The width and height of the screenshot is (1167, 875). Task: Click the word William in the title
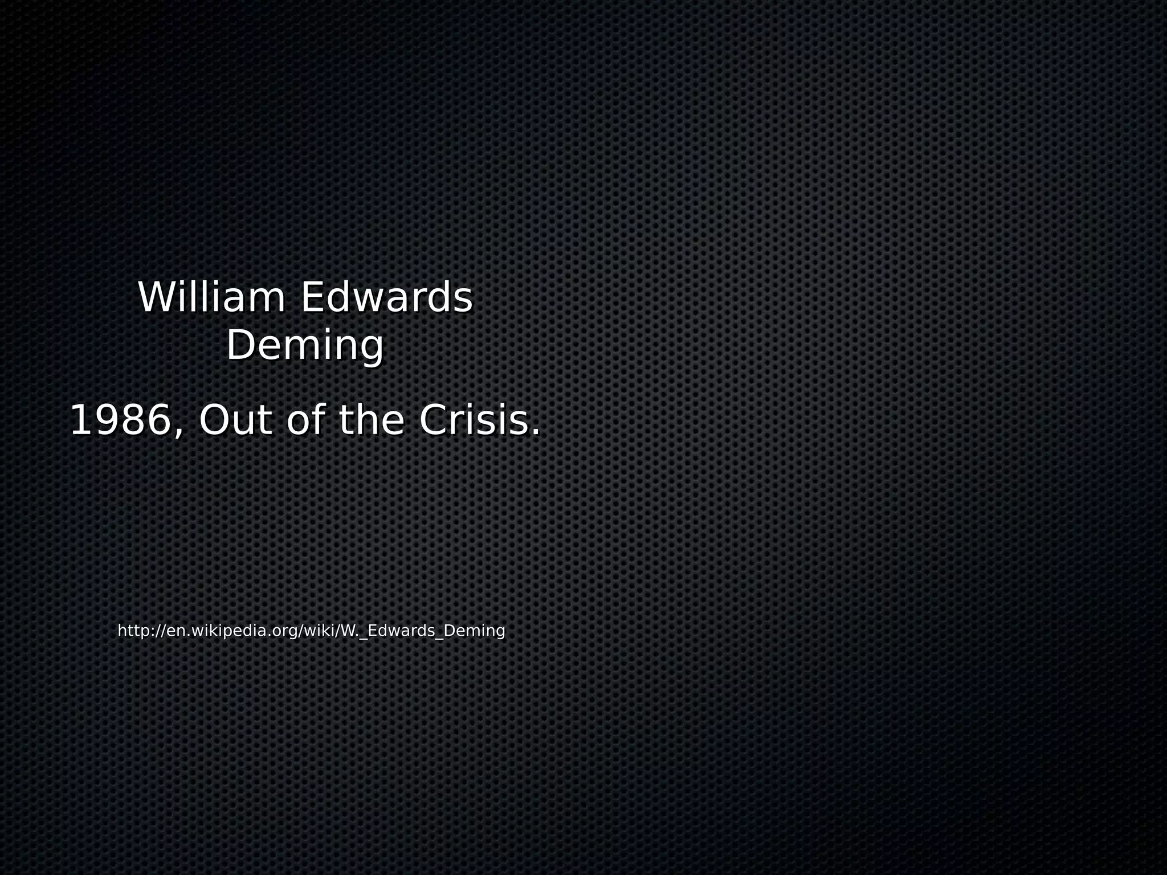(211, 297)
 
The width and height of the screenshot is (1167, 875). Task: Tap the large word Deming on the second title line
(305, 345)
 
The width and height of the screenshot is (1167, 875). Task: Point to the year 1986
(120, 420)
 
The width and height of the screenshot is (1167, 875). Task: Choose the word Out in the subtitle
(235, 420)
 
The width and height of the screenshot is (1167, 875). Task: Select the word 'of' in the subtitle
(307, 420)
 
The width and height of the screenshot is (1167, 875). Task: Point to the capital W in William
(156, 297)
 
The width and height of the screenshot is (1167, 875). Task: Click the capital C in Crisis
(434, 420)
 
